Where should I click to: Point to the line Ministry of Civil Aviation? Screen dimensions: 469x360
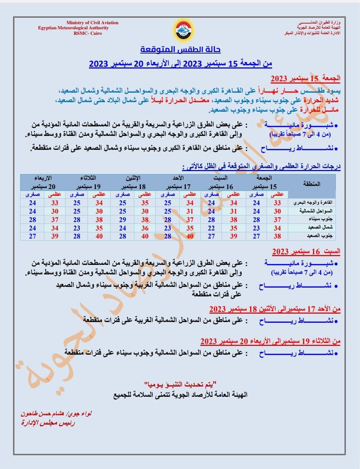point(92,23)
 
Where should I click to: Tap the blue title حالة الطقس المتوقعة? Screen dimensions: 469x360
point(181,49)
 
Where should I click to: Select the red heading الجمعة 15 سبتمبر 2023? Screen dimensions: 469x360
point(305,78)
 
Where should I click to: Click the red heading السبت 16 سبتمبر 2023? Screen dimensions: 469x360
point(306,252)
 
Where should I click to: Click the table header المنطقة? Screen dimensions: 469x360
point(312,184)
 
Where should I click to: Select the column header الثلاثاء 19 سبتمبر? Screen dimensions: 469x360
point(88,182)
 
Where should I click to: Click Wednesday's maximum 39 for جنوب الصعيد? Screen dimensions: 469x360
point(55,236)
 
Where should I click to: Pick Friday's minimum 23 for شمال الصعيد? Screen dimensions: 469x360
point(256,228)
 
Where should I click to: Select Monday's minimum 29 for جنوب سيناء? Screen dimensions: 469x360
point(123,220)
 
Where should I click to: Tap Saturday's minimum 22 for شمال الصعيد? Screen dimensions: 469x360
point(211,228)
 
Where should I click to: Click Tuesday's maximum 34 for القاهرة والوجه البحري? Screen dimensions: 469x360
point(99,203)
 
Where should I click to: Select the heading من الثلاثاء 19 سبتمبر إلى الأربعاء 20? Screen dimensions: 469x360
point(270,341)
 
